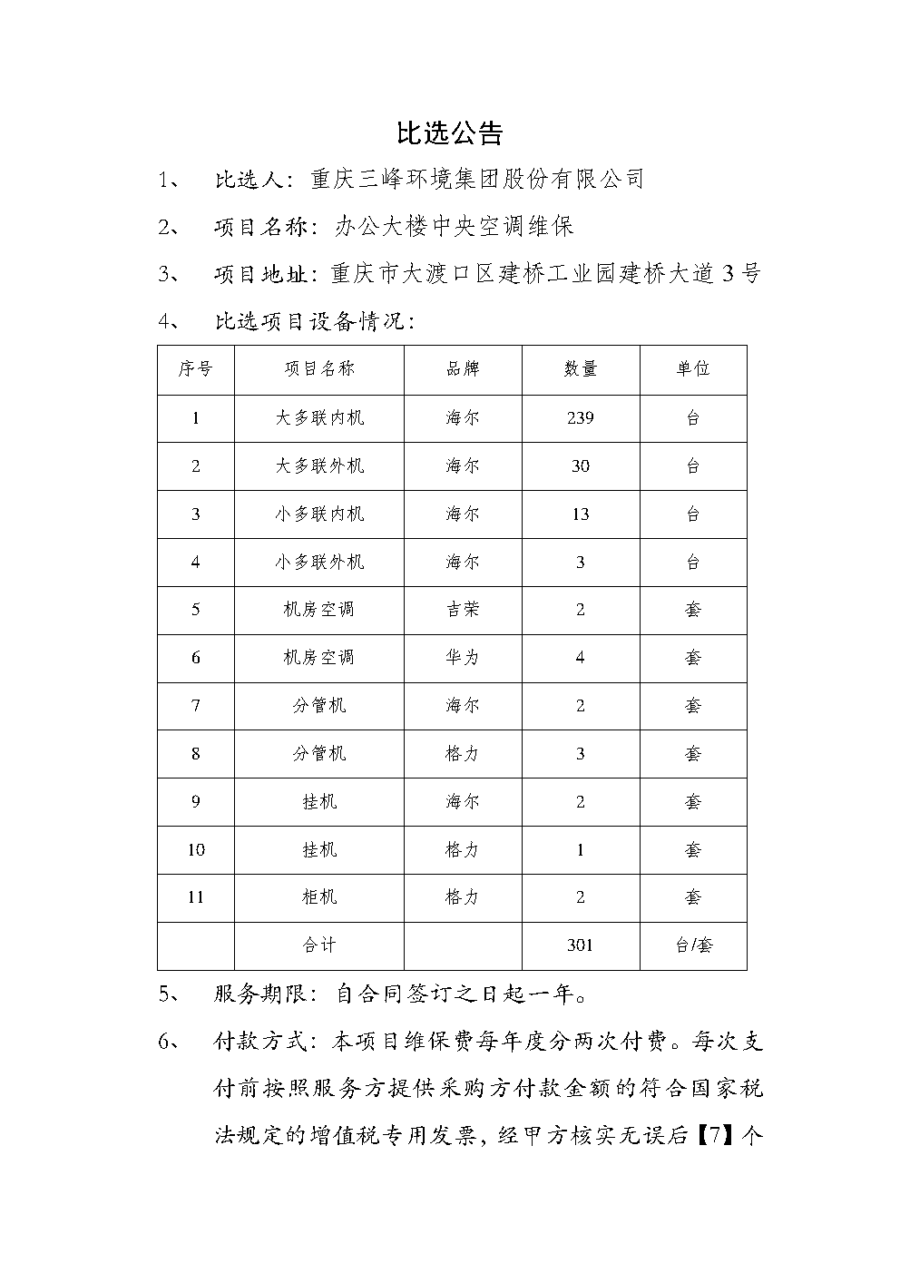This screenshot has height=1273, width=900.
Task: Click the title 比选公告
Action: [450, 134]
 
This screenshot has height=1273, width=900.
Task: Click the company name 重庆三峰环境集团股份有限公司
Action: [476, 179]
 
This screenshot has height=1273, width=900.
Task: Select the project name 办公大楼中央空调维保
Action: [455, 226]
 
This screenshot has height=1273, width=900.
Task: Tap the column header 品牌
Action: [462, 368]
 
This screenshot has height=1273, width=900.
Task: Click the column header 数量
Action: [581, 368]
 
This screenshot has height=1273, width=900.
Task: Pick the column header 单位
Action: [692, 368]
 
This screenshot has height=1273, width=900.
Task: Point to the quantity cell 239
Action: [581, 418]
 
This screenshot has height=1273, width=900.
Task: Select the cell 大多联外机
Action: [319, 466]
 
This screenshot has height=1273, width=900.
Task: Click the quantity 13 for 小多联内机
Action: [581, 514]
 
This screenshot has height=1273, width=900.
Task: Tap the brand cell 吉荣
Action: [462, 610]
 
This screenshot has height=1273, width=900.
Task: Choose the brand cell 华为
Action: [462, 657]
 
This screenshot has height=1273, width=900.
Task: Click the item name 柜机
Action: [319, 897]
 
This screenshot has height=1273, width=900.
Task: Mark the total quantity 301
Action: [581, 945]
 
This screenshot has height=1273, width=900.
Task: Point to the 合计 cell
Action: [319, 945]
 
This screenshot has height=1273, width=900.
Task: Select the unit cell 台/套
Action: [693, 945]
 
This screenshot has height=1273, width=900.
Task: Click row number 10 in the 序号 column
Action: [196, 850]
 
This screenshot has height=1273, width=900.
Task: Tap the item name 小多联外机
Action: [319, 563]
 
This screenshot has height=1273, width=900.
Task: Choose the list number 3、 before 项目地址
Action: [171, 273]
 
